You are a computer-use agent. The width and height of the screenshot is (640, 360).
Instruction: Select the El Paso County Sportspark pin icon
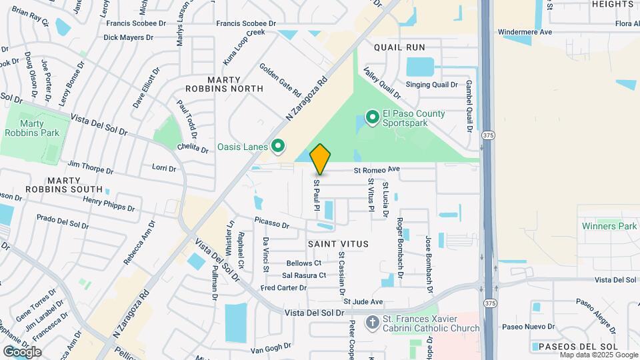tap(371, 118)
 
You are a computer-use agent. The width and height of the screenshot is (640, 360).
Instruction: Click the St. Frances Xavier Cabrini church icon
tap(373, 323)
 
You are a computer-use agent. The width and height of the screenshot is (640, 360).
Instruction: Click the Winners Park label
tap(609, 226)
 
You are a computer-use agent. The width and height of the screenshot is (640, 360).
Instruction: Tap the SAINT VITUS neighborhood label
tap(338, 244)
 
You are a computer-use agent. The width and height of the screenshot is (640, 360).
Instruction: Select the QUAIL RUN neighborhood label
tap(399, 47)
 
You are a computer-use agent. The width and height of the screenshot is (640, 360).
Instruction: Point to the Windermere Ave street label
tap(525, 31)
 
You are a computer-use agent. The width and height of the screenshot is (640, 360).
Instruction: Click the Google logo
tap(22, 351)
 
